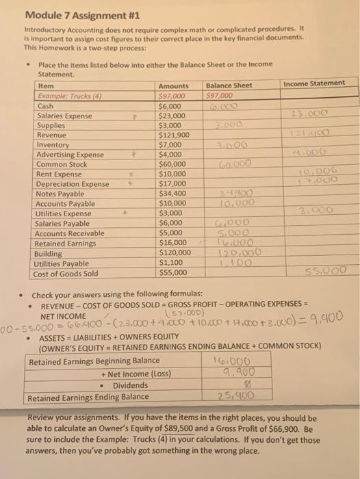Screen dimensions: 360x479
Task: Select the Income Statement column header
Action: tap(315, 83)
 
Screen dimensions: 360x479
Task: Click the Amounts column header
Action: tap(173, 85)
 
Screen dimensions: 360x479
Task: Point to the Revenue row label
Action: tap(53, 135)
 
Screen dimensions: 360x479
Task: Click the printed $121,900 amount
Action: tap(173, 135)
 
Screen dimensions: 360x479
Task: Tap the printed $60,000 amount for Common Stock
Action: tap(171, 164)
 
